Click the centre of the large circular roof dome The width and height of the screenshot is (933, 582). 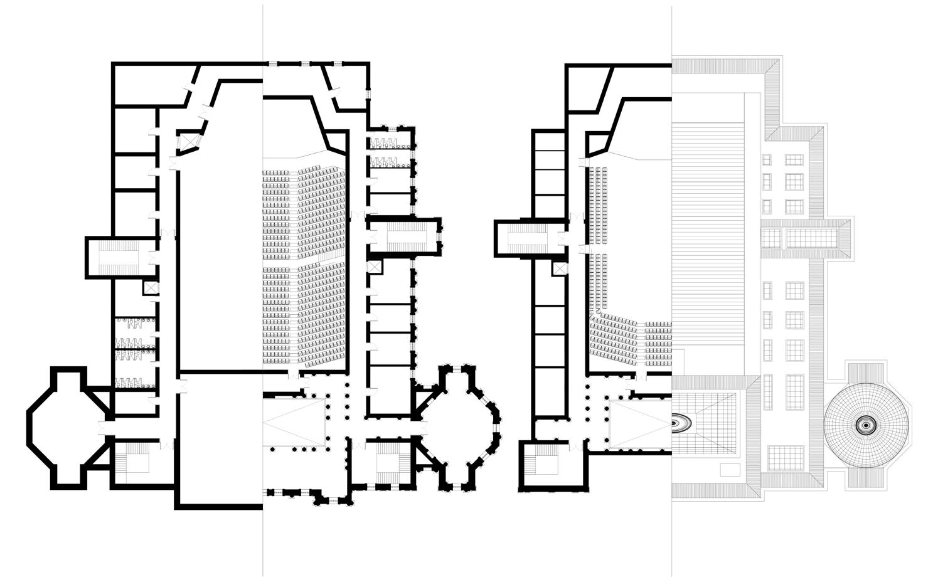(x=866, y=425)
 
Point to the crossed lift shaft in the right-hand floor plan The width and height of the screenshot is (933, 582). (x=560, y=268)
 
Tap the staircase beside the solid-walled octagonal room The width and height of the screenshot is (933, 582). (x=136, y=462)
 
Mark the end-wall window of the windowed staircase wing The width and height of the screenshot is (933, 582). (x=440, y=236)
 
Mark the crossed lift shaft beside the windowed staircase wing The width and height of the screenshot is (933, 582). (x=375, y=267)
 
